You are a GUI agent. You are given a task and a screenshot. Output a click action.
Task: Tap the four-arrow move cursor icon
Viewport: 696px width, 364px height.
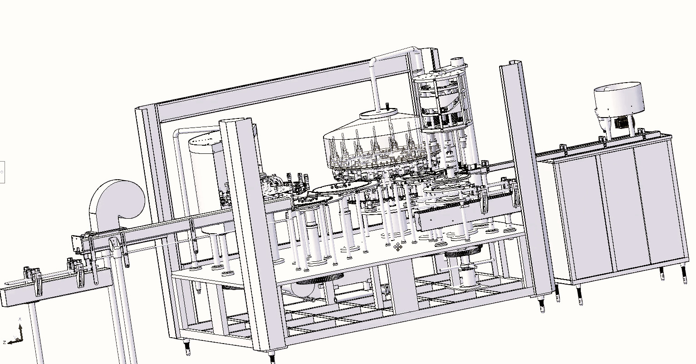(x=397, y=247)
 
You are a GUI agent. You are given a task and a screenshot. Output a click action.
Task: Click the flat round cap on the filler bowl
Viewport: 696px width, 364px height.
(x=378, y=113)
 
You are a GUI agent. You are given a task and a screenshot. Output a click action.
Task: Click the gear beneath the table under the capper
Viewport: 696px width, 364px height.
(x=463, y=251)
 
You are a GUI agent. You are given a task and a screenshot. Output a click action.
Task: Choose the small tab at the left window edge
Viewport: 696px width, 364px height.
(x=2, y=172)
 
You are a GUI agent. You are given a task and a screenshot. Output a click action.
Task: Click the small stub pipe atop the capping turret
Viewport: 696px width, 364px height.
(x=457, y=62)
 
